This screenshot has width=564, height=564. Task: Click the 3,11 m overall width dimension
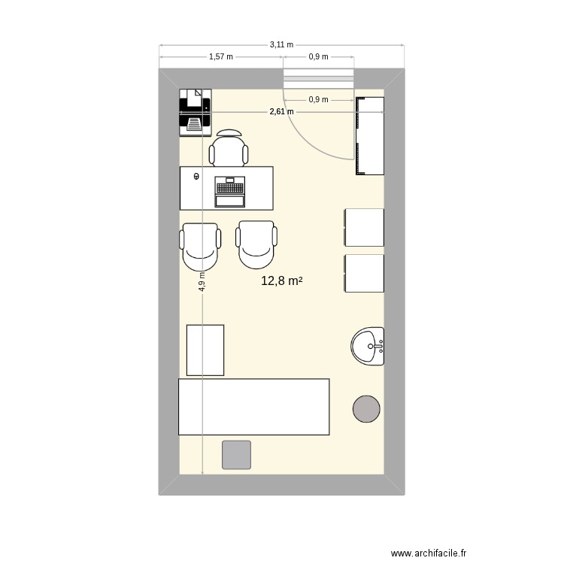tap(281, 45)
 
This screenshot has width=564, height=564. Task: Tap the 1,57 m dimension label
tap(220, 56)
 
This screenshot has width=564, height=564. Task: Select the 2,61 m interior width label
tap(281, 112)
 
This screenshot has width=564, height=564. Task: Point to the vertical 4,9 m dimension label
tap(202, 281)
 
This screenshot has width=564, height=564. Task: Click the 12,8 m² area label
tap(281, 281)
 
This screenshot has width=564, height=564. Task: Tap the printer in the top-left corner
tap(195, 111)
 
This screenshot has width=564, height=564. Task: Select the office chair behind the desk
tap(229, 148)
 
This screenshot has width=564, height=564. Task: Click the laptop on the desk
tap(230, 191)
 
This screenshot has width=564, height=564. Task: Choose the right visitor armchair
tap(257, 244)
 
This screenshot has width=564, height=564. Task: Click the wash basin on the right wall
tap(368, 347)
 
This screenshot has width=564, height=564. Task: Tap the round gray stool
tap(366, 408)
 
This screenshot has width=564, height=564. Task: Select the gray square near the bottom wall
tap(236, 454)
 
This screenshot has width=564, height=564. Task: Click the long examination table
tap(253, 407)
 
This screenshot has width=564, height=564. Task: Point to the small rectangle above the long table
tap(205, 350)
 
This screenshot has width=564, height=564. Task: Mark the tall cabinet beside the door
tap(369, 135)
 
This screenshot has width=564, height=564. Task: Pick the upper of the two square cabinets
tap(364, 227)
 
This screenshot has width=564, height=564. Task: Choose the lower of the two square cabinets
tap(364, 274)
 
